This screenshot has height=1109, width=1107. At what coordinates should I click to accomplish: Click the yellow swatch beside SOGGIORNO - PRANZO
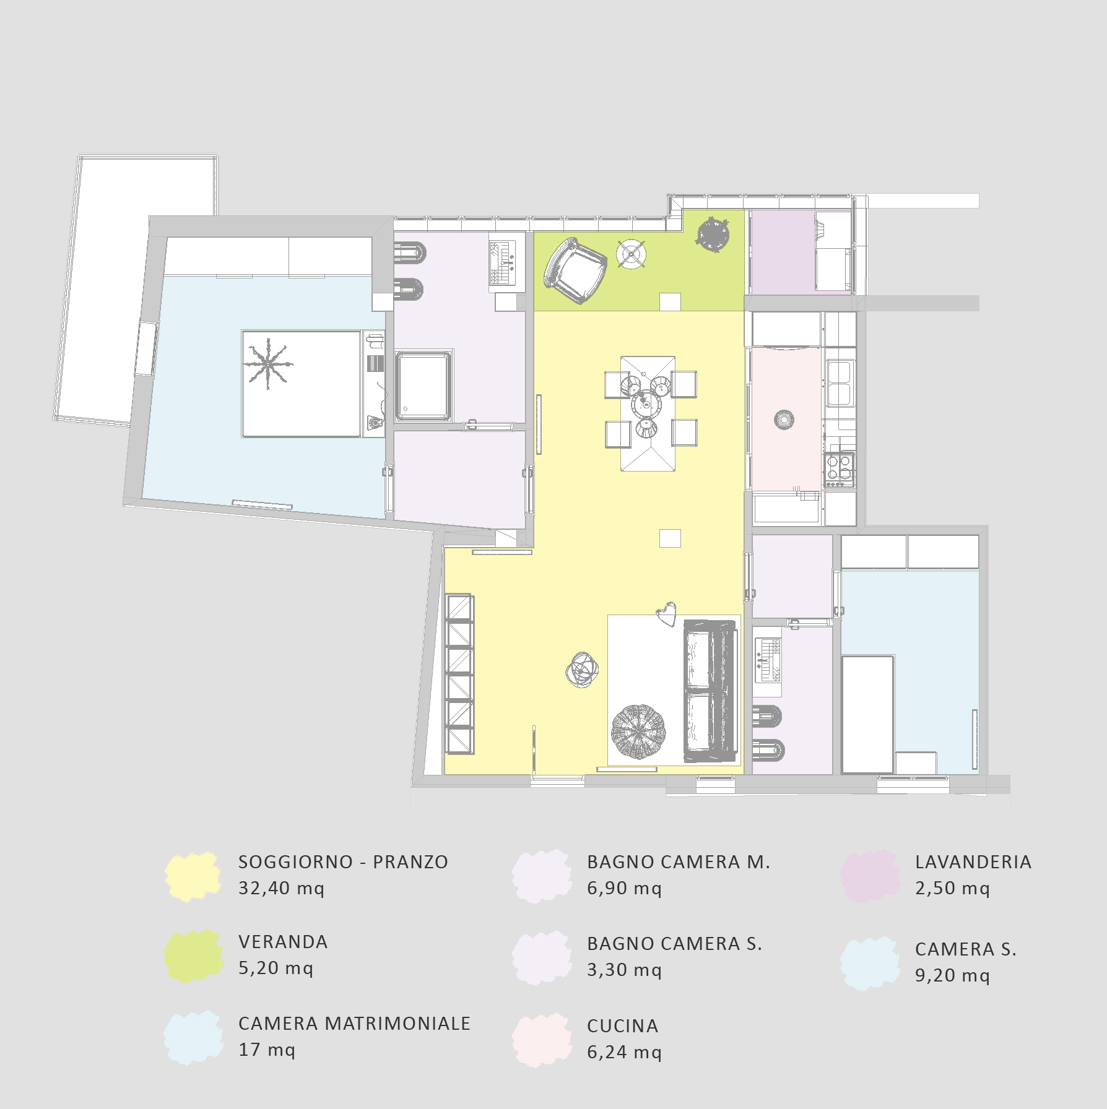click(193, 876)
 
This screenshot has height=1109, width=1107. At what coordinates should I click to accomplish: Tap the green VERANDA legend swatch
click(193, 956)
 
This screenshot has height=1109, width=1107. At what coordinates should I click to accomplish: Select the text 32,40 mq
click(281, 888)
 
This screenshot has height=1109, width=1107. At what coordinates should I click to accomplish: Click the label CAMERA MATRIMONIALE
click(354, 1024)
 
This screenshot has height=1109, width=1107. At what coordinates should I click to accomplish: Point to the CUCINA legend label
click(622, 1026)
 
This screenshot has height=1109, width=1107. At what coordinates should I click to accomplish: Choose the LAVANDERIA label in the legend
click(973, 862)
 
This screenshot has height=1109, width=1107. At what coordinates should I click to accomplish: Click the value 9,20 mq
click(952, 975)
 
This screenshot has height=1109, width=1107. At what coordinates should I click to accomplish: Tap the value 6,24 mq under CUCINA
click(624, 1052)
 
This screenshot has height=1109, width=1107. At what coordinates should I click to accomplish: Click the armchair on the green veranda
click(575, 271)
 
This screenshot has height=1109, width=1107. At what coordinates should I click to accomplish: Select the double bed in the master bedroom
click(302, 384)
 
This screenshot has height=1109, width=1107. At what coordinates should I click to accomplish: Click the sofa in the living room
click(710, 691)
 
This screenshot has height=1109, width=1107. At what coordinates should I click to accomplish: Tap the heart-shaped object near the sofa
click(666, 613)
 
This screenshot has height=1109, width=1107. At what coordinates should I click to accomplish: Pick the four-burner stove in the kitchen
click(840, 468)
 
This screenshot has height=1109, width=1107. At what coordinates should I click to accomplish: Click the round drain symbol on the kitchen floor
click(784, 420)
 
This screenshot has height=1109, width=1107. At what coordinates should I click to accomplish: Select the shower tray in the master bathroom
click(423, 386)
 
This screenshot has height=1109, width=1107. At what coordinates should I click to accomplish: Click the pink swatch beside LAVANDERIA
click(870, 876)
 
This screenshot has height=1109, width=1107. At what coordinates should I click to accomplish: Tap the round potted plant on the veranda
click(713, 234)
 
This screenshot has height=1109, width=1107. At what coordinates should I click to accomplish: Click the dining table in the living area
click(648, 413)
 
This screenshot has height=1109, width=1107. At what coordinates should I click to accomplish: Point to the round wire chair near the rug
click(582, 670)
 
